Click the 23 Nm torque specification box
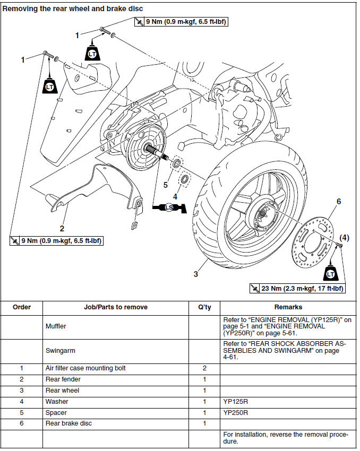point(297,289)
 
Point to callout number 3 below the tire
point(196,274)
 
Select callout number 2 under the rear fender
point(62,229)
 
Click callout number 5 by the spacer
point(165,185)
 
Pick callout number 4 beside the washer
point(175,197)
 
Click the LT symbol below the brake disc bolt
point(330,274)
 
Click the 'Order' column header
point(22,307)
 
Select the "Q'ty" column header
point(204,307)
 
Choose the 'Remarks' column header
point(288,307)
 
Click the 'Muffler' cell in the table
point(56,326)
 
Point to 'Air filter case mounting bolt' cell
point(85,368)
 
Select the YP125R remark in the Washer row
point(236,402)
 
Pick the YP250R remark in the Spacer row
point(236,413)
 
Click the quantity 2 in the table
point(204,368)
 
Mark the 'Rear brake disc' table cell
point(66,423)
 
